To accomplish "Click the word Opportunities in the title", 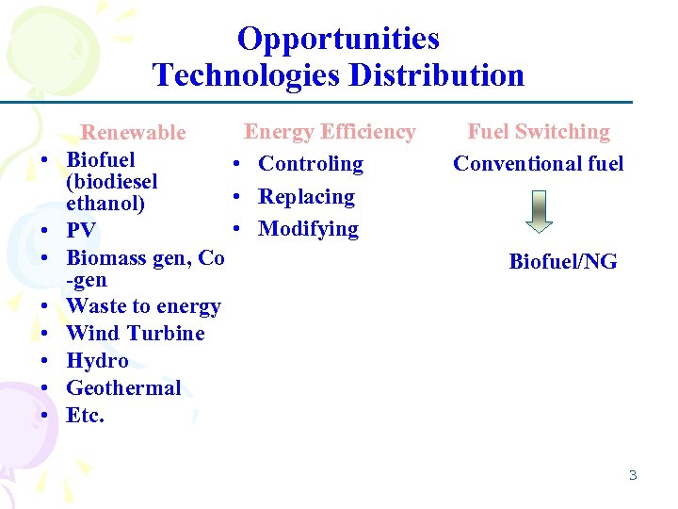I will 338,39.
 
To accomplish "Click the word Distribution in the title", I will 430,74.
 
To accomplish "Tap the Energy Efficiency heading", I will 330,132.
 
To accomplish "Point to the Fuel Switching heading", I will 539,132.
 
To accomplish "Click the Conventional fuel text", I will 539,164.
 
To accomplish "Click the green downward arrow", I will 539,210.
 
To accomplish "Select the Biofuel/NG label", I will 563,262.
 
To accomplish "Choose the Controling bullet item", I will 311,164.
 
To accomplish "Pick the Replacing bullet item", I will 306,197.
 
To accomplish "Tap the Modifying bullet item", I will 308,229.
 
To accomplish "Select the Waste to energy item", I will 143,306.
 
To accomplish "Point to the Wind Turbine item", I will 136,334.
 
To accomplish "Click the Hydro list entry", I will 97,361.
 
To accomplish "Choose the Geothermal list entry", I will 123,388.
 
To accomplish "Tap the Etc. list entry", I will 86,416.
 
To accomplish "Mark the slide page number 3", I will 633,475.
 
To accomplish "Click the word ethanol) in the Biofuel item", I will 105,204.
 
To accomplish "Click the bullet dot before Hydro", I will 44,360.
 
